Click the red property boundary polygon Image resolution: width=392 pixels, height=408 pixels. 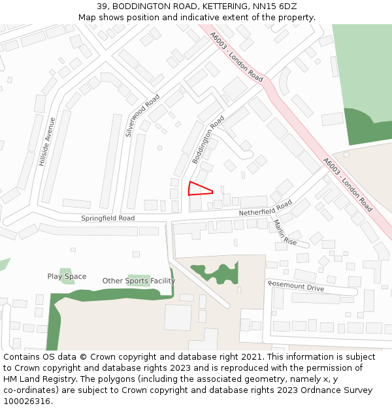coord(198,189)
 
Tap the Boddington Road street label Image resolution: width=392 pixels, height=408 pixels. coord(208,140)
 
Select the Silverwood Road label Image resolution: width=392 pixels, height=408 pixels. coord(142,116)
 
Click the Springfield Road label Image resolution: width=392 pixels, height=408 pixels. coord(108,218)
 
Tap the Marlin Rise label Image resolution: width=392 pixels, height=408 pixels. coord(285,232)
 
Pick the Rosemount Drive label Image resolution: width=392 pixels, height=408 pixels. coord(296,287)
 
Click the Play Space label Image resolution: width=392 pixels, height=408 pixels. coord(67,277)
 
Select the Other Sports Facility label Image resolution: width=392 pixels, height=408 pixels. coord(139,281)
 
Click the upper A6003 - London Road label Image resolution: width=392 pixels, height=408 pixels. coord(237,58)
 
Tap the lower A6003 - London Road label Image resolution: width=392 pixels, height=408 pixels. coord(348,184)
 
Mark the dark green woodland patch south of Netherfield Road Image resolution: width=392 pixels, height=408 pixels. coord(215,272)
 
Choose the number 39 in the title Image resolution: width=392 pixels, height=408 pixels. coord(101,6)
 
